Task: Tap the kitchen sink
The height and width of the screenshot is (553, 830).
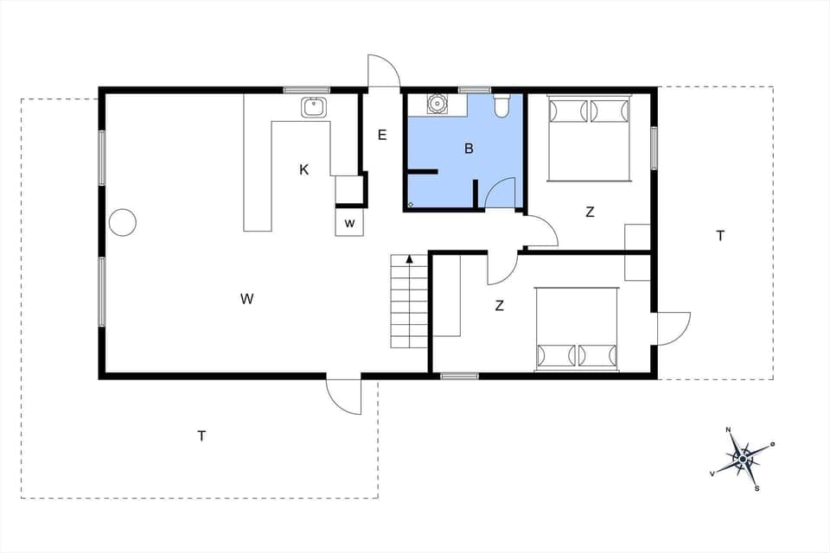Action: (x=314, y=108)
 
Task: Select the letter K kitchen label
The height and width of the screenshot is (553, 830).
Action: (x=304, y=170)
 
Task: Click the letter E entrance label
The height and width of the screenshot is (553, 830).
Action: (x=381, y=135)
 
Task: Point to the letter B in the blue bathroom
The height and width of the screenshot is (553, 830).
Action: (x=469, y=149)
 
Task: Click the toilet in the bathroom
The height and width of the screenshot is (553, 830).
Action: (x=501, y=106)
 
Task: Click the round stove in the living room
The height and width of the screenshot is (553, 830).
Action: (x=123, y=222)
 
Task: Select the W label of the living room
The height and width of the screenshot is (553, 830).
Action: (x=247, y=300)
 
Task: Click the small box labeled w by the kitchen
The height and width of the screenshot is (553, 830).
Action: (x=350, y=223)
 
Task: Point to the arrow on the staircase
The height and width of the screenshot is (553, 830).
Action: (x=409, y=258)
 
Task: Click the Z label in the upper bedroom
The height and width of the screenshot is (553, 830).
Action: (x=590, y=213)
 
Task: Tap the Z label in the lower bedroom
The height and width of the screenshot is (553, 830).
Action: (x=499, y=305)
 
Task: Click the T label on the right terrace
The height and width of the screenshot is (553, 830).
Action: (x=719, y=236)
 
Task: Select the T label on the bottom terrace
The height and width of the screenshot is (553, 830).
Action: (x=201, y=436)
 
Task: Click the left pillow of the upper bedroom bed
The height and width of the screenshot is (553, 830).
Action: (x=569, y=111)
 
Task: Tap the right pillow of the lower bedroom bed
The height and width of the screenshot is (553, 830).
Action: (x=596, y=355)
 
